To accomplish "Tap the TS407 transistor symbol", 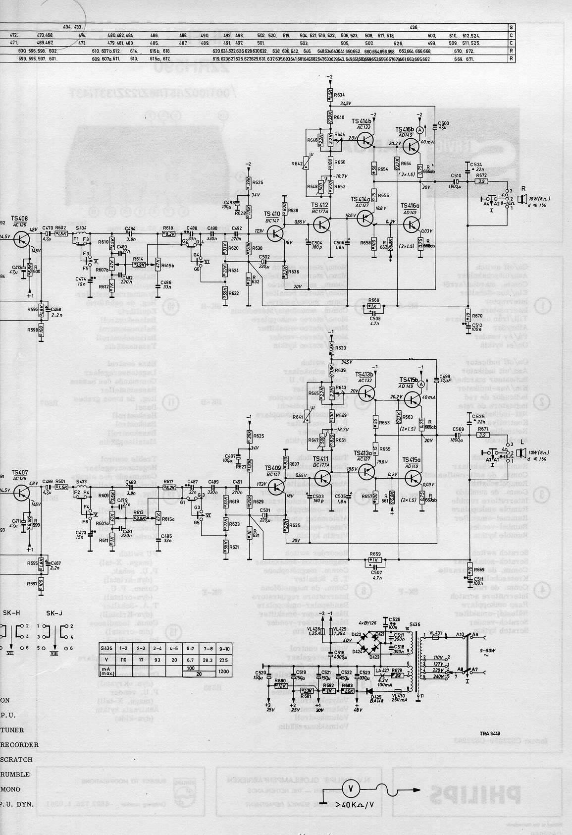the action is click(x=21, y=492).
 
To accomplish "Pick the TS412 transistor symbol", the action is click(x=322, y=224).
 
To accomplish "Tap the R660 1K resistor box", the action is click(x=374, y=306).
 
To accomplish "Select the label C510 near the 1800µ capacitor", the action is click(x=456, y=176).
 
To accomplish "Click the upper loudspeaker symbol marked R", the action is click(x=521, y=199).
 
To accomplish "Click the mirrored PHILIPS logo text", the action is click(x=474, y=796).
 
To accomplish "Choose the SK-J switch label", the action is click(x=54, y=613).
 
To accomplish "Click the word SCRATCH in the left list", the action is click(x=16, y=759).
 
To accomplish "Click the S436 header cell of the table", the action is click(x=106, y=649).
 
